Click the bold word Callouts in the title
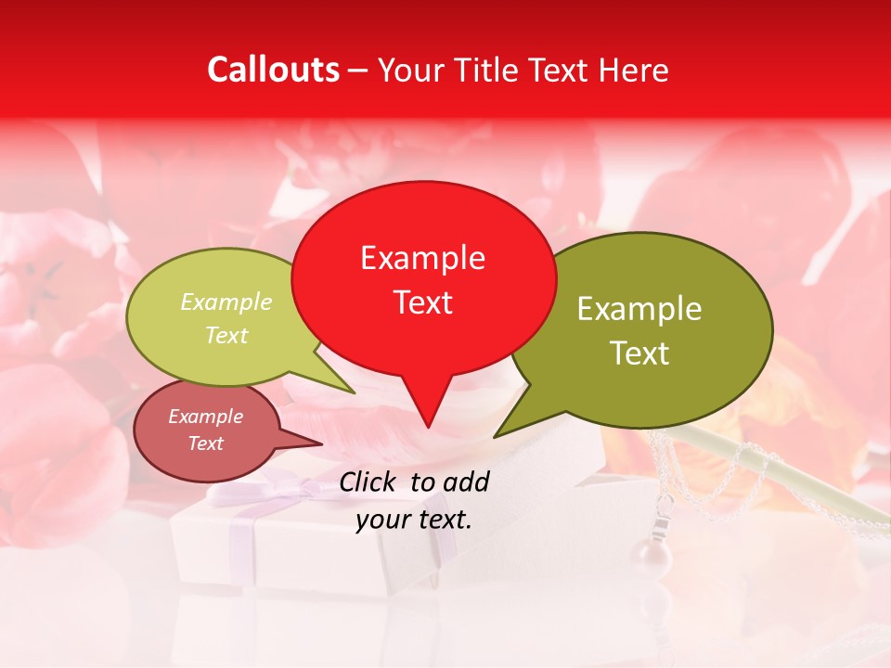coord(273,70)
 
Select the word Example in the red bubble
coord(422,258)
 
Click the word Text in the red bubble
coord(422,302)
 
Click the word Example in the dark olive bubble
coord(639,309)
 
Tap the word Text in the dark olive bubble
coord(639,353)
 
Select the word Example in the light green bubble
coord(226,302)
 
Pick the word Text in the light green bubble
coord(226,335)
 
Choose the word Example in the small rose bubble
coord(205,417)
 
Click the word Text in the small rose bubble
coord(205,443)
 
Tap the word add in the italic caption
coord(465,482)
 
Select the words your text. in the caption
coord(414,520)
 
